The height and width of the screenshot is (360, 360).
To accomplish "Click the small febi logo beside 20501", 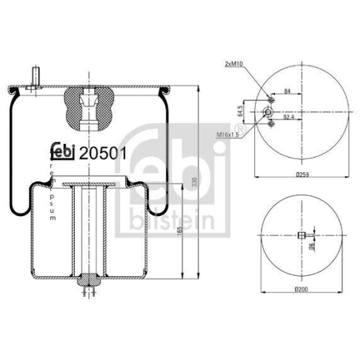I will [x=64, y=153].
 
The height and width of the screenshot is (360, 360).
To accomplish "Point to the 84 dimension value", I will [x=288, y=91].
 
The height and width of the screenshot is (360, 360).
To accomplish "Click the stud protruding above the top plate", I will [x=34, y=77].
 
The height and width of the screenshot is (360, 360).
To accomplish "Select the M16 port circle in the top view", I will [x=268, y=112].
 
